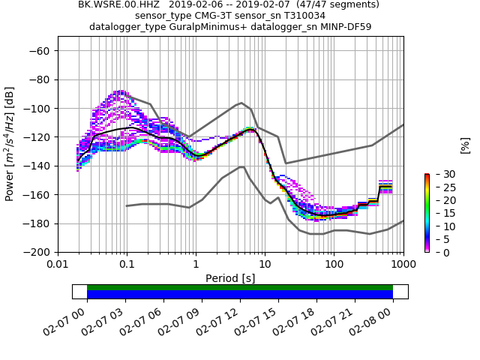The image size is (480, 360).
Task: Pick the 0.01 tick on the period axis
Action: point(58,265)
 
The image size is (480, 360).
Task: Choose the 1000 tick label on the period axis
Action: point(403,265)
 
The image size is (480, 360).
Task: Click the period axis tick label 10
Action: point(265,265)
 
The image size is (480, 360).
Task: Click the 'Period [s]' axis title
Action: point(230,278)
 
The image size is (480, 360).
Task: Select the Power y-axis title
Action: point(10,151)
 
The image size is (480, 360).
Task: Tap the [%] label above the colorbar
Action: point(465,145)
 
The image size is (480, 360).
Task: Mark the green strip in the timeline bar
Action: point(240,287)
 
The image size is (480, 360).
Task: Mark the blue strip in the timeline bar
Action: point(240,295)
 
